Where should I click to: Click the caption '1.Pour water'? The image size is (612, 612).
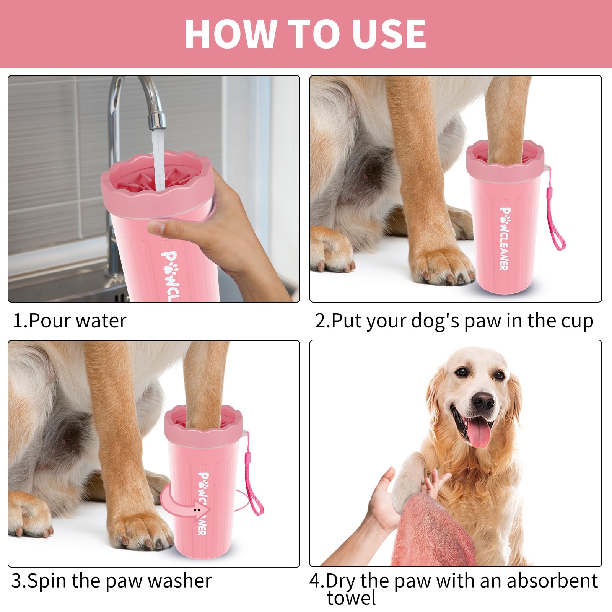[70, 321]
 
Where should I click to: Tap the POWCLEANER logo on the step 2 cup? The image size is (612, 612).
[505, 239]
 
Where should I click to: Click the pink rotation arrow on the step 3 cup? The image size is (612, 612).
[184, 501]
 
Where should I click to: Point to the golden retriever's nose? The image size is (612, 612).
[483, 401]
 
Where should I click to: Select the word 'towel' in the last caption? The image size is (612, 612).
[351, 598]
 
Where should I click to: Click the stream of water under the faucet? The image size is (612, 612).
[158, 161]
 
